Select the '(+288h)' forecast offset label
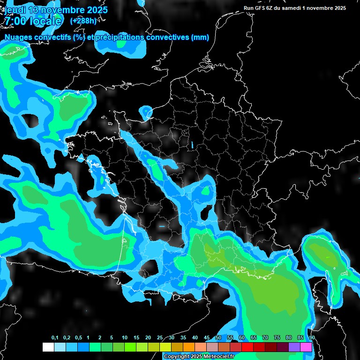tap(83, 21)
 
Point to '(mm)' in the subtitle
tap(200, 37)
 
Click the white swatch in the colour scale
tap(48, 347)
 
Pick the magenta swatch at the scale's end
tap(306, 347)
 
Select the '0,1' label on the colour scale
tap(55, 338)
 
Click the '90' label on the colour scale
tap(312, 338)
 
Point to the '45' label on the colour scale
tap(207, 338)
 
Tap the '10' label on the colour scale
tap(125, 338)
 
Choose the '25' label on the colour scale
tap(160, 338)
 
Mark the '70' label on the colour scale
tap(265, 338)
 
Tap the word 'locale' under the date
tap(45, 21)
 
